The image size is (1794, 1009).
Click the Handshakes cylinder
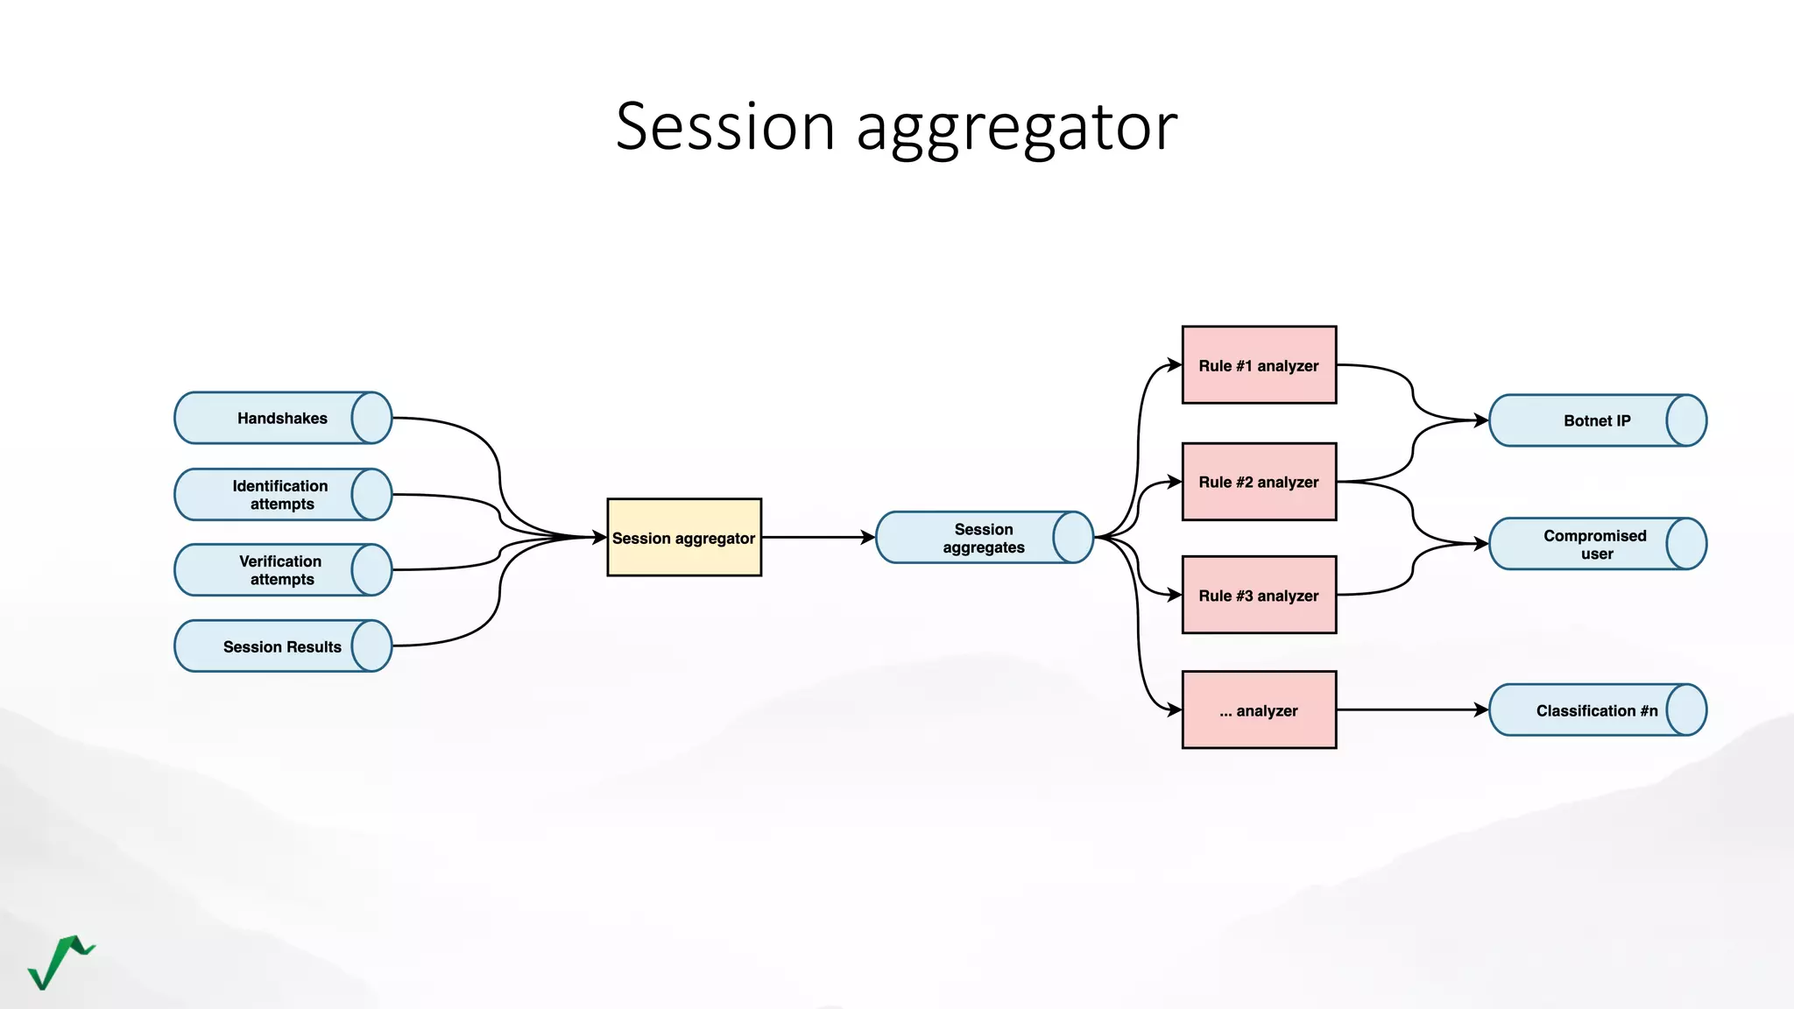(282, 418)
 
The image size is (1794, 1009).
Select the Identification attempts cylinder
(282, 495)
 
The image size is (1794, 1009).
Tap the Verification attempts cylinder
(282, 570)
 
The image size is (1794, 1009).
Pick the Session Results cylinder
(282, 646)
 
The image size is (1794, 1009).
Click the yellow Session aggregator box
(684, 538)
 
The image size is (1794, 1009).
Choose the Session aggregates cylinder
(984, 538)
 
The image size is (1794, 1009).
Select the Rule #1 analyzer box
(1259, 365)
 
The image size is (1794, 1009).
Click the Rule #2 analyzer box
(1259, 482)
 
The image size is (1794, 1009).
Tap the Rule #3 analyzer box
(1259, 596)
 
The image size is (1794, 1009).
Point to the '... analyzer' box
(1259, 710)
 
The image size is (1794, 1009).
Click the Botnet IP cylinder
(1597, 420)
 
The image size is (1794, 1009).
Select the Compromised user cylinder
(1597, 544)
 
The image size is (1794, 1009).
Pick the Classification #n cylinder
(1597, 710)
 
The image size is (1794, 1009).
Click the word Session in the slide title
(724, 127)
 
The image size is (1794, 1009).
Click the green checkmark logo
(60, 962)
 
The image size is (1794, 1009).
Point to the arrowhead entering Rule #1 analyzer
(1175, 365)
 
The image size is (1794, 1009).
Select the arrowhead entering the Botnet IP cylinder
(1481, 420)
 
